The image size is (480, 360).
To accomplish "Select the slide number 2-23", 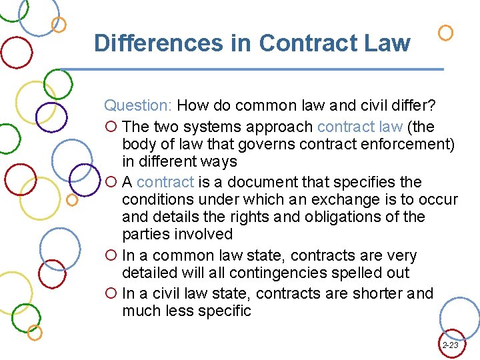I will point(450,345).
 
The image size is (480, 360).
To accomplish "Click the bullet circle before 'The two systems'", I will point(111,127).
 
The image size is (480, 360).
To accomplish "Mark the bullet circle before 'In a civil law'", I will point(111,294).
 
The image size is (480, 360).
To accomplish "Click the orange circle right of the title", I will point(447,32).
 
